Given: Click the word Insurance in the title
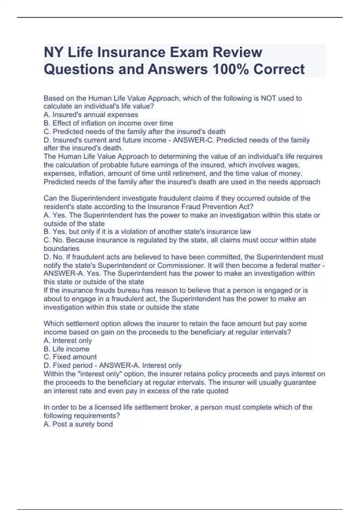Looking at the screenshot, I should (x=126, y=52).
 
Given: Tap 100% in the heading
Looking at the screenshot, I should (x=230, y=69).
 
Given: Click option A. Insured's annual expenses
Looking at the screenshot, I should (x=91, y=115).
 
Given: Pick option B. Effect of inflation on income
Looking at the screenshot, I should (x=108, y=123).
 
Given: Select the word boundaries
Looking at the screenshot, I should (x=61, y=249).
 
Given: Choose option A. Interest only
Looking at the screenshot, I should (x=68, y=340).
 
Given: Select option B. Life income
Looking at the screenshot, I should (x=66, y=349).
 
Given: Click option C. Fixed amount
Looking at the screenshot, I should (x=70, y=357).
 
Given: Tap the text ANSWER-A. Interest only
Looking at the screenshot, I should (x=140, y=365).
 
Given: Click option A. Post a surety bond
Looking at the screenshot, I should (x=78, y=424).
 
